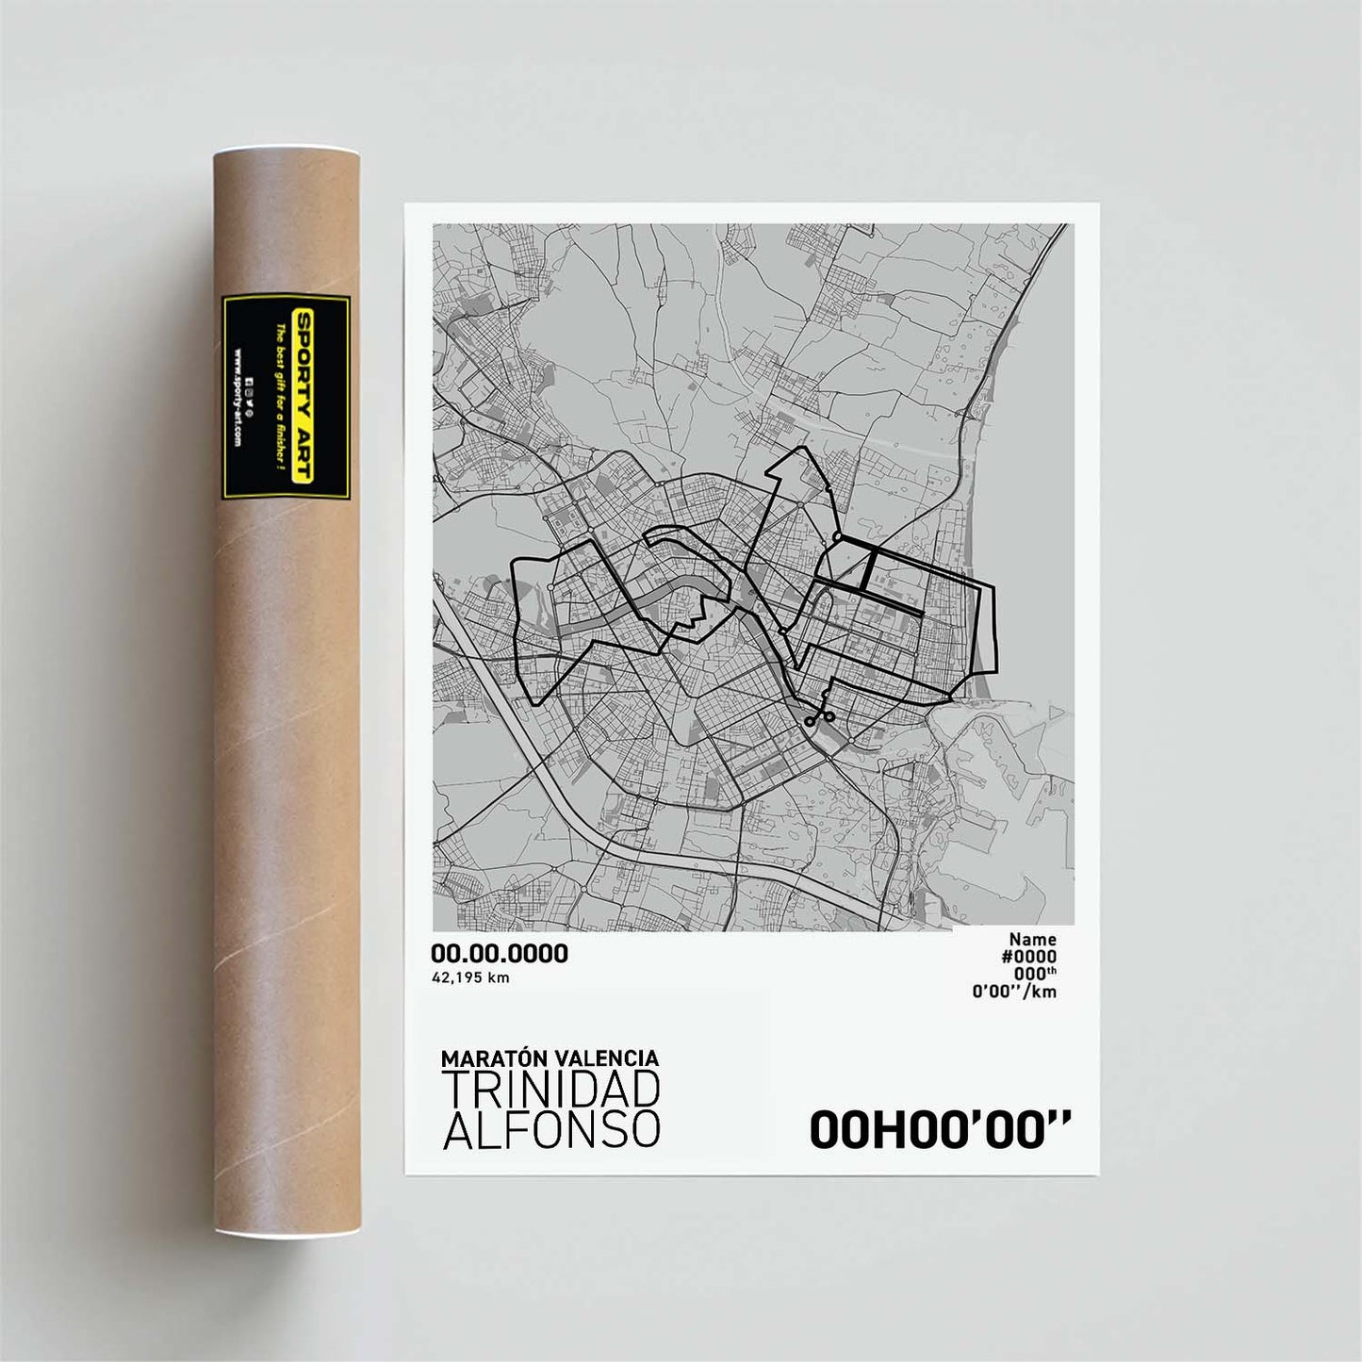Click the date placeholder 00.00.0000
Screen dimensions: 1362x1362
[x=499, y=953]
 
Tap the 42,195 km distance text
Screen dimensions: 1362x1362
[x=469, y=977]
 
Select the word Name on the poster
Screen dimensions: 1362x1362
[x=1032, y=939]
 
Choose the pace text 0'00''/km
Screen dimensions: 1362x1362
[x=1014, y=991]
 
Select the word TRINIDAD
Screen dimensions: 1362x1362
[x=550, y=1090]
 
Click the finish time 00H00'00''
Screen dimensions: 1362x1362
[x=940, y=1130]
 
